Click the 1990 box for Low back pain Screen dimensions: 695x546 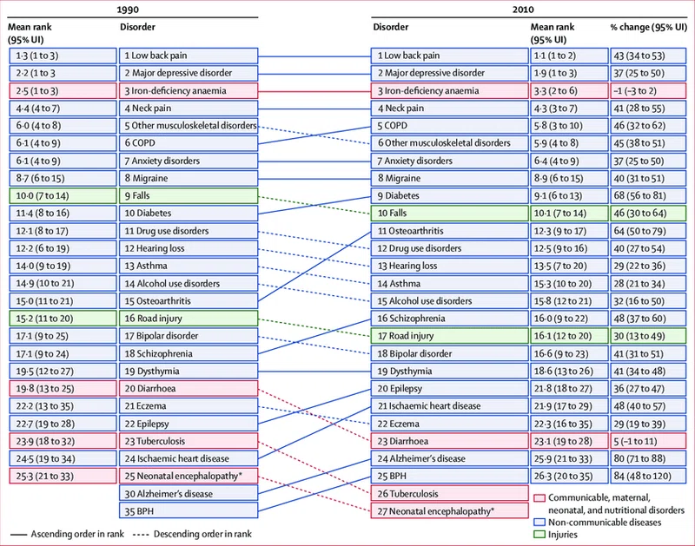pos(189,56)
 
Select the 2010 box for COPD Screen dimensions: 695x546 pos(449,126)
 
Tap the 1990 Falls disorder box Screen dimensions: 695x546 pos(189,195)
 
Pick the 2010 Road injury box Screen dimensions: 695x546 pos(449,336)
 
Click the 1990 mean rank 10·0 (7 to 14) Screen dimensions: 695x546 pos(63,195)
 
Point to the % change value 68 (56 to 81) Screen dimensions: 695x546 pos(648,195)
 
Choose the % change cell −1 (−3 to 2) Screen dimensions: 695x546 pos(648,91)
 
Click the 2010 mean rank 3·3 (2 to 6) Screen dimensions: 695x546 pos(569,91)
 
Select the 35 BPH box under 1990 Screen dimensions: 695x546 pos(189,511)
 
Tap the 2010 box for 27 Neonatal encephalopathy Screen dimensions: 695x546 pos(449,511)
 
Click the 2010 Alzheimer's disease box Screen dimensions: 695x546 pos(449,459)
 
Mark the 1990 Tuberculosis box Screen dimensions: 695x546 pos(189,441)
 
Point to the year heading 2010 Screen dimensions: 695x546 pos(523,10)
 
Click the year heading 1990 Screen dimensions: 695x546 pos(128,10)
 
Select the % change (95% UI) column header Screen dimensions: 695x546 pos(648,27)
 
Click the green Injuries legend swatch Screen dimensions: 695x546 pos(539,535)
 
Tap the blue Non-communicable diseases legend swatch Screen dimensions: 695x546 pos(539,522)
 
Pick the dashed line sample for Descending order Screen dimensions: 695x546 pos(141,535)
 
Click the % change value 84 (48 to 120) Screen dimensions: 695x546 pos(648,476)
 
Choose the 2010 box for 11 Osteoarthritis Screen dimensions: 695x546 pos(449,231)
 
